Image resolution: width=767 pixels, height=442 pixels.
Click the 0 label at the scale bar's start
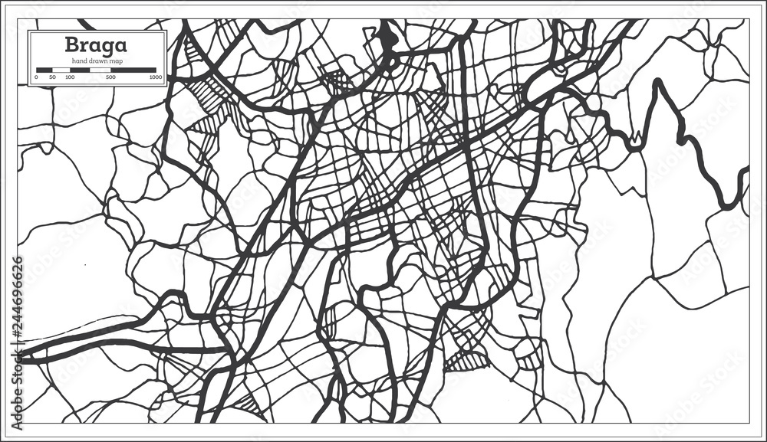click(36, 77)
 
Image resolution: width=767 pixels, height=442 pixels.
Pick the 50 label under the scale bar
click(52, 77)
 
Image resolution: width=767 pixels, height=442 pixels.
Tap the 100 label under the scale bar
click(70, 77)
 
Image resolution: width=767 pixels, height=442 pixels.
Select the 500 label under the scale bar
click(110, 77)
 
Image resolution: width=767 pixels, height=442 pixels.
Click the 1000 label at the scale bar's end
click(155, 77)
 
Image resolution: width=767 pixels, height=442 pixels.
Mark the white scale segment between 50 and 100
click(61, 70)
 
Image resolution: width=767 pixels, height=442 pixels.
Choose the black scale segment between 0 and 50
click(44, 70)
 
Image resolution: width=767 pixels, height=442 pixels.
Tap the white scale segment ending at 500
click(100, 70)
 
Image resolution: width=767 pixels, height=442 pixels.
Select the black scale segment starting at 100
click(79, 70)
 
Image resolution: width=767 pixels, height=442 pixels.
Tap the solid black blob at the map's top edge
click(387, 37)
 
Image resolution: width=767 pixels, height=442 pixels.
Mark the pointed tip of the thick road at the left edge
click(20, 355)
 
